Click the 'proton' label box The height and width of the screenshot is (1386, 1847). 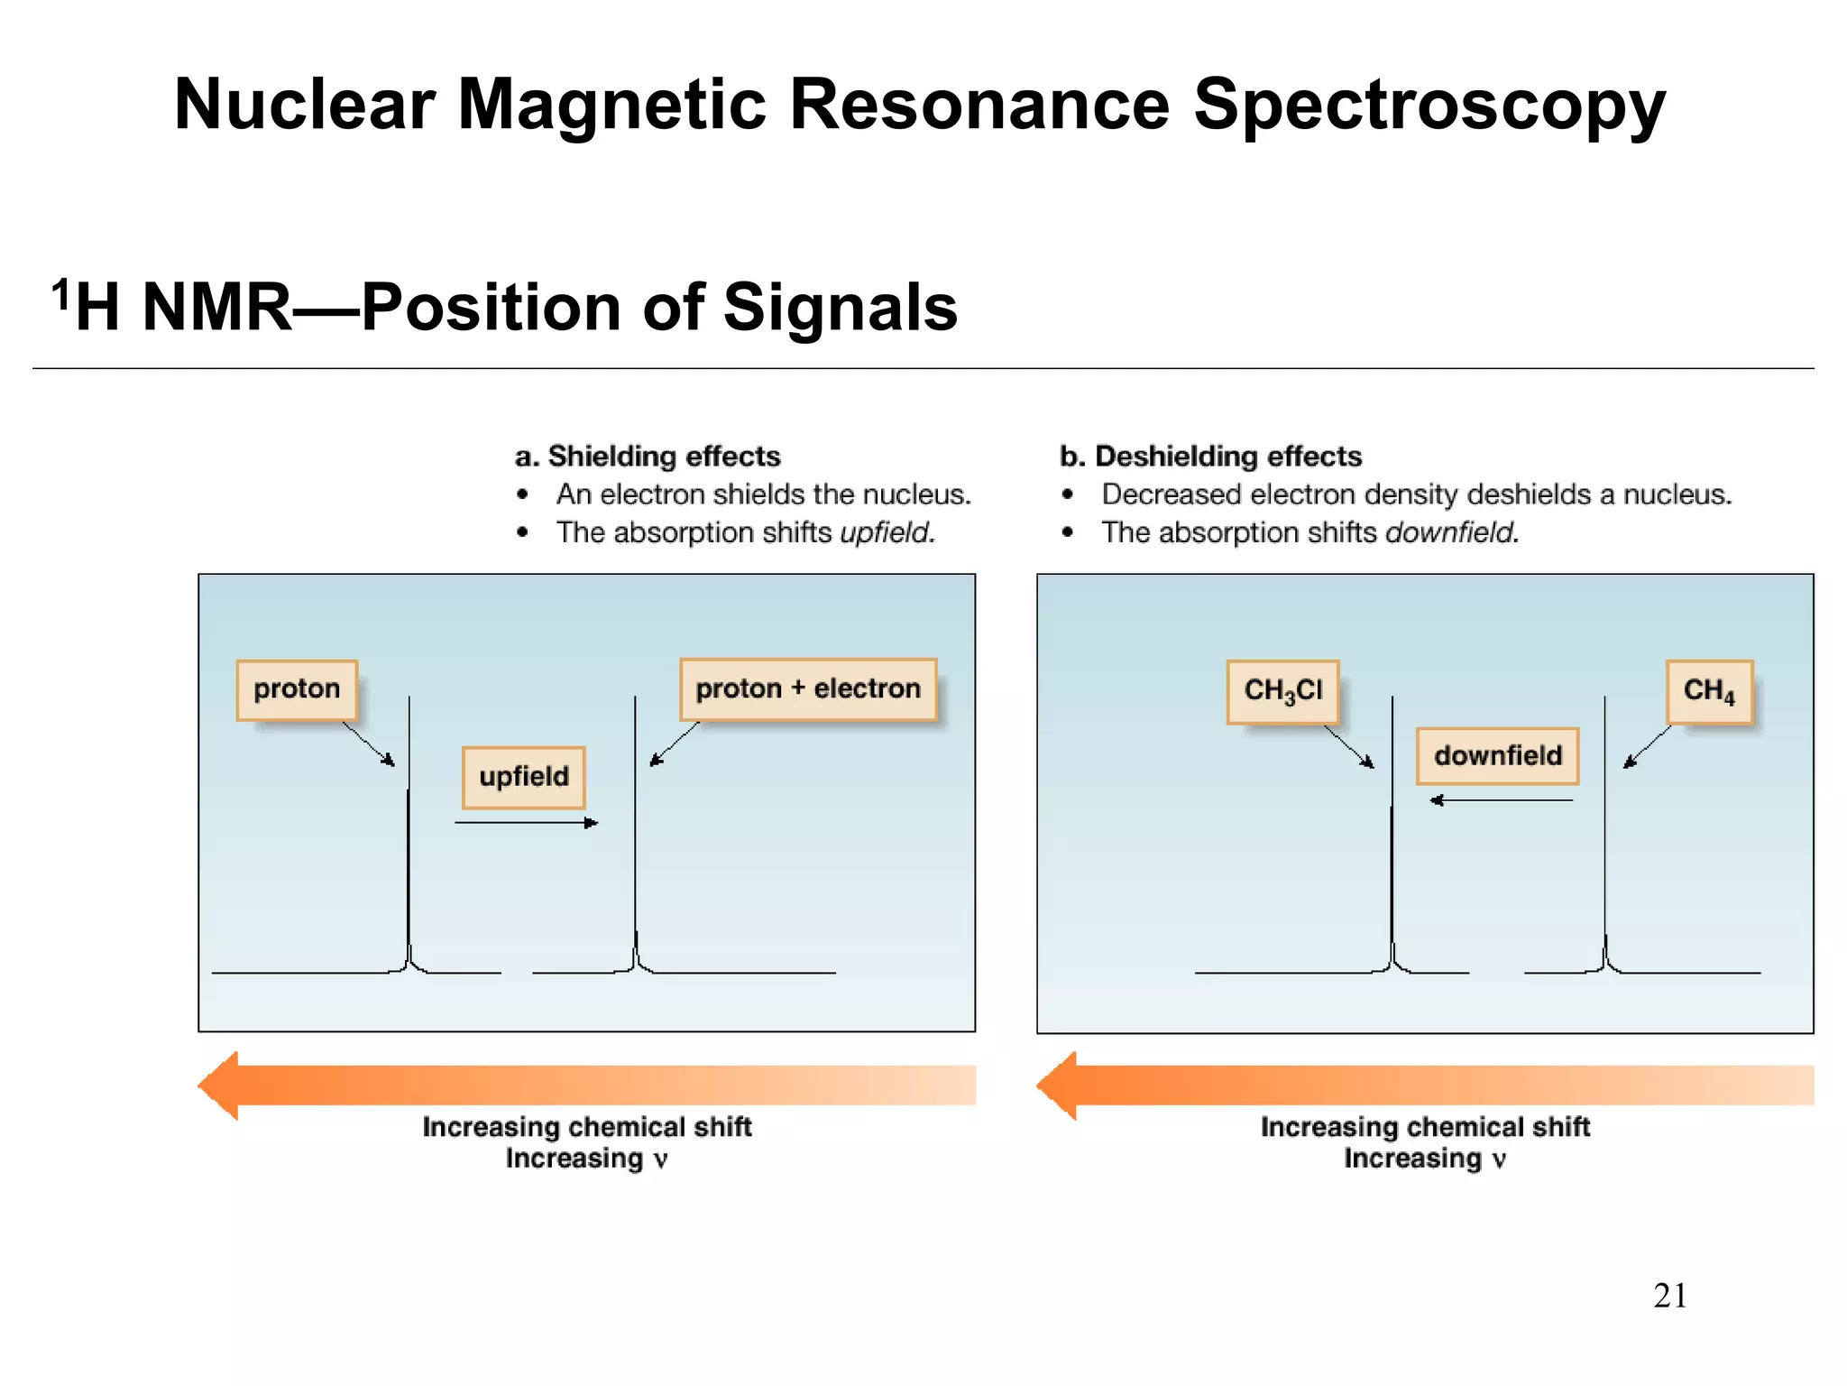(x=297, y=689)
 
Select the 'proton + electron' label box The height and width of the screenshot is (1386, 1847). (x=808, y=689)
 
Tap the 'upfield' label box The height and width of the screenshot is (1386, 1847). (x=524, y=777)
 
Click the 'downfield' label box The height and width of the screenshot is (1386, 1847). (x=1497, y=755)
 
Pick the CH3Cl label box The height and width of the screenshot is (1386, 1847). (x=1282, y=691)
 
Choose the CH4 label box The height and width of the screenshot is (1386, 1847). (x=1709, y=691)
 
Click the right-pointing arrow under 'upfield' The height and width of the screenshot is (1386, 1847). (x=527, y=823)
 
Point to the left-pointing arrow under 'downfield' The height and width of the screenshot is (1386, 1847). (x=1502, y=800)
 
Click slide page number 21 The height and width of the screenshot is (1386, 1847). (x=1669, y=1296)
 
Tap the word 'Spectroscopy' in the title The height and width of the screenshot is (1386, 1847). (x=1429, y=106)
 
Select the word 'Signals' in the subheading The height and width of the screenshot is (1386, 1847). (x=840, y=308)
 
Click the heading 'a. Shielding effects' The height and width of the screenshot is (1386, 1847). (x=648, y=457)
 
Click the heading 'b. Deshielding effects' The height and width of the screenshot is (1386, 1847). (x=1210, y=457)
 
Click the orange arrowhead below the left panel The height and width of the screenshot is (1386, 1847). (x=220, y=1086)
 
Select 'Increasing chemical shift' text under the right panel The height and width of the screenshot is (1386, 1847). (x=1425, y=1127)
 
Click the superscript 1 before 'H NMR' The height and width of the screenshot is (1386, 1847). (x=60, y=294)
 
